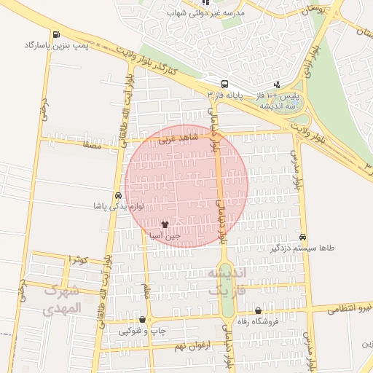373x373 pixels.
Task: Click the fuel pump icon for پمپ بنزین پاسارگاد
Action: [57, 34]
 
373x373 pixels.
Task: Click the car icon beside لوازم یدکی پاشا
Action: [117, 195]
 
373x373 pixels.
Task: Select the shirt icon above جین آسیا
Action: [164, 225]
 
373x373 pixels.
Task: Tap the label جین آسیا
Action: [164, 237]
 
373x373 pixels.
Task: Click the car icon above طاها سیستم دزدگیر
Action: [303, 237]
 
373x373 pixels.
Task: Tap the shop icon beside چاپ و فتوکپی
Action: [142, 320]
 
